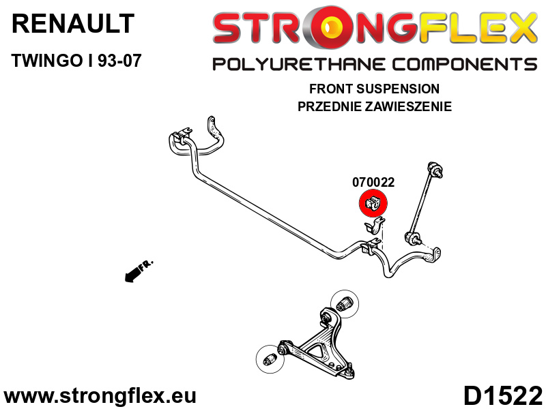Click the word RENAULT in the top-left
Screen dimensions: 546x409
(x=73, y=24)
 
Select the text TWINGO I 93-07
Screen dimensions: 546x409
(x=76, y=61)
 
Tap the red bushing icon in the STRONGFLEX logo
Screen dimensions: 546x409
(x=328, y=27)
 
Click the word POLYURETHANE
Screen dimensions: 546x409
(x=299, y=65)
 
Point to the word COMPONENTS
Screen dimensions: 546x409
(x=464, y=65)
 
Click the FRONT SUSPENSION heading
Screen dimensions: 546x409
(x=374, y=89)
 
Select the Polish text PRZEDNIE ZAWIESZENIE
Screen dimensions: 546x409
(x=374, y=106)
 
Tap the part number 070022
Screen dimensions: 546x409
(x=373, y=182)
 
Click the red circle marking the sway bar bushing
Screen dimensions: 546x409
(x=373, y=203)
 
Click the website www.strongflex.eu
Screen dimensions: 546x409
(x=100, y=396)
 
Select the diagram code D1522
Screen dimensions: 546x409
(x=503, y=396)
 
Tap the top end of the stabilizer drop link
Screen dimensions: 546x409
(x=435, y=169)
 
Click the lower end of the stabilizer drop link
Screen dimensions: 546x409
(x=413, y=238)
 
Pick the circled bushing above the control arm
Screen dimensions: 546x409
(x=345, y=303)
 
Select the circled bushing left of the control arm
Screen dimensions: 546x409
(x=270, y=359)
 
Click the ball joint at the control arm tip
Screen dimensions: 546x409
(x=349, y=372)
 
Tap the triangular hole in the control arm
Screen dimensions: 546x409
(x=318, y=350)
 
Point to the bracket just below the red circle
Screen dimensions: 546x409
(x=374, y=226)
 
